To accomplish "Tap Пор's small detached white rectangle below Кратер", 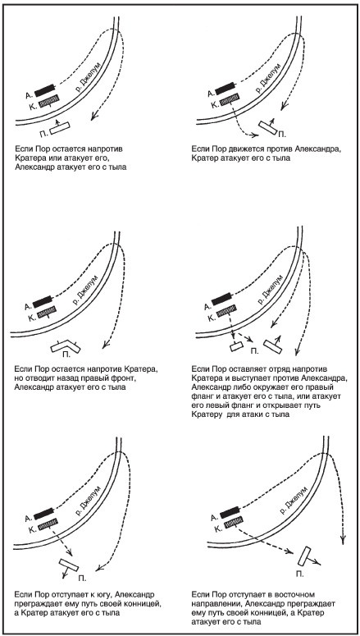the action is tap(235, 347).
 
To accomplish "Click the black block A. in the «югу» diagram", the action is tap(43, 514).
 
